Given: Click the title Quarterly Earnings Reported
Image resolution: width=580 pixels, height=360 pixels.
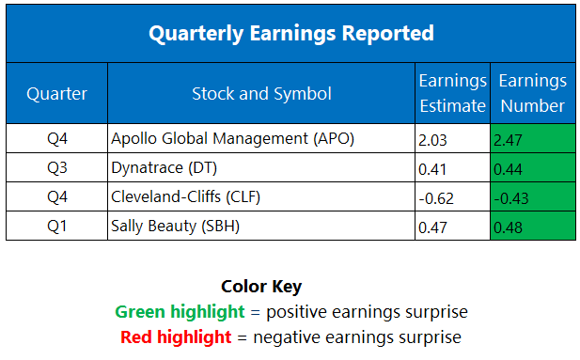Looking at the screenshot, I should click(290, 34).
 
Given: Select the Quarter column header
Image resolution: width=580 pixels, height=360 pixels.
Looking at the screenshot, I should click(56, 93).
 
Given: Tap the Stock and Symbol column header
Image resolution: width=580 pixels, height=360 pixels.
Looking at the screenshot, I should click(260, 93).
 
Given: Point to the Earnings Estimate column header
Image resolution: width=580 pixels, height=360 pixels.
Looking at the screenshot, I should click(452, 93).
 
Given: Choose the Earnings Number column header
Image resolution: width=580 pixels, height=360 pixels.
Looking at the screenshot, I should click(532, 93).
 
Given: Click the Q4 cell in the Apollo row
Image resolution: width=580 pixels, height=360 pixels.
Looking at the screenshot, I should click(56, 139).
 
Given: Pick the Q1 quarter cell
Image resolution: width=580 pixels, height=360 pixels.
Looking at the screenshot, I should click(56, 226).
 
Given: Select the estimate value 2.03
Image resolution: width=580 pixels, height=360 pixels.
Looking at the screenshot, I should click(431, 140).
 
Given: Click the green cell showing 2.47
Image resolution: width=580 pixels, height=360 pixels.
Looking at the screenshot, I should click(532, 140).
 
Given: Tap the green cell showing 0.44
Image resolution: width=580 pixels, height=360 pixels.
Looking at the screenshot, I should click(532, 169).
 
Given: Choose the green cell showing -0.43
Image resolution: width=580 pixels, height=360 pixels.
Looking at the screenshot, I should click(532, 198).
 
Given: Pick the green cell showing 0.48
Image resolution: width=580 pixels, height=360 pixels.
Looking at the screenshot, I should click(532, 227).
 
